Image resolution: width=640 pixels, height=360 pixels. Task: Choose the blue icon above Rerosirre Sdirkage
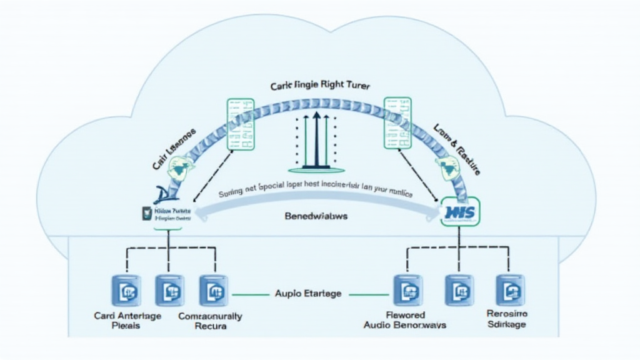510,289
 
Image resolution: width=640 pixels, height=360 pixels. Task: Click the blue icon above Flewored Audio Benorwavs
407,289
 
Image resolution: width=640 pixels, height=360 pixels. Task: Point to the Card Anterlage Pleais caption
127,321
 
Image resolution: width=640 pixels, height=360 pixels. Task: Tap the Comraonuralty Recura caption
210,321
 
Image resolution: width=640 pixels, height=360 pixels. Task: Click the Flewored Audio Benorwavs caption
404,320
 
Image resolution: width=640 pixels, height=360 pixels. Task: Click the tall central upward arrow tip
317,114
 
